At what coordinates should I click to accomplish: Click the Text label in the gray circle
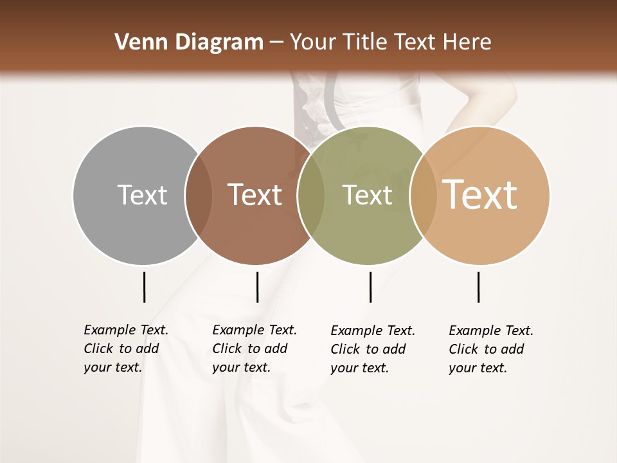[142, 195]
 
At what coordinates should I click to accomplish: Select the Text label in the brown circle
[255, 195]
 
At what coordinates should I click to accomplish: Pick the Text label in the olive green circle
[367, 195]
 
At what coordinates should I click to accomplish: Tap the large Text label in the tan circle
[480, 195]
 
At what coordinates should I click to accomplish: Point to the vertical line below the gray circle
[144, 287]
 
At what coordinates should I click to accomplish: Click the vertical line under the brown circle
[257, 287]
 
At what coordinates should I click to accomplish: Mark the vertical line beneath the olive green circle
[370, 287]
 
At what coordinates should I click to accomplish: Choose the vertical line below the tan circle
[478, 287]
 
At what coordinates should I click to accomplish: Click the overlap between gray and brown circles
[199, 195]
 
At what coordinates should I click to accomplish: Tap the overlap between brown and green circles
[311, 195]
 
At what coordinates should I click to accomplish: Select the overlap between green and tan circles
[424, 195]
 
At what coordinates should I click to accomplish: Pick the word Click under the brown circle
[227, 349]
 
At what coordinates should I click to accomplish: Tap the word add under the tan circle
[513, 349]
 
